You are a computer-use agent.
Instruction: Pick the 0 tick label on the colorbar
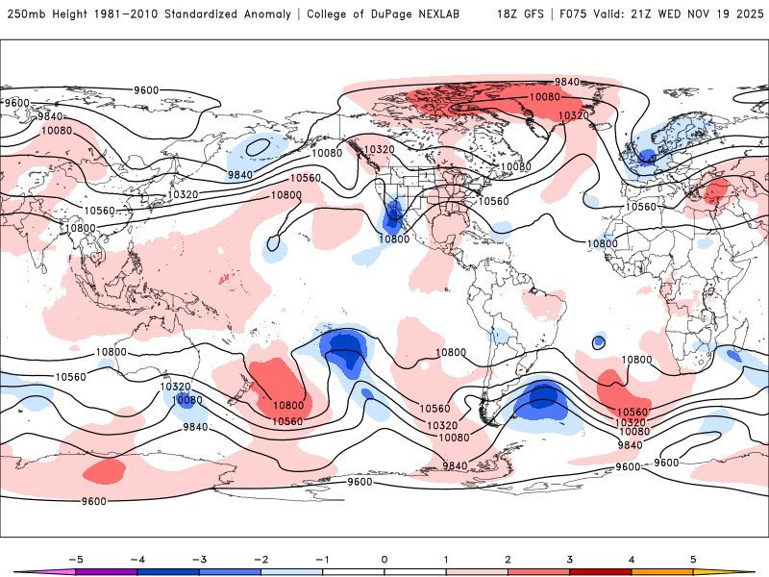click(x=384, y=558)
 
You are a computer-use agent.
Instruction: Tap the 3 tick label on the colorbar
click(x=570, y=558)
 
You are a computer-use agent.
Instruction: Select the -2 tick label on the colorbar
click(x=260, y=558)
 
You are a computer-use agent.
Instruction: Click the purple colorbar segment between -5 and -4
click(x=107, y=571)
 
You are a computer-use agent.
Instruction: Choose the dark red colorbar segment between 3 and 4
click(x=601, y=571)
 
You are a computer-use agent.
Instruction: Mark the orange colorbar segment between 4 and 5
click(x=662, y=571)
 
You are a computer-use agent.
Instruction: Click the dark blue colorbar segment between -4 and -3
click(x=168, y=571)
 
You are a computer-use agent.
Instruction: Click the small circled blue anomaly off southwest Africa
click(x=599, y=341)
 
